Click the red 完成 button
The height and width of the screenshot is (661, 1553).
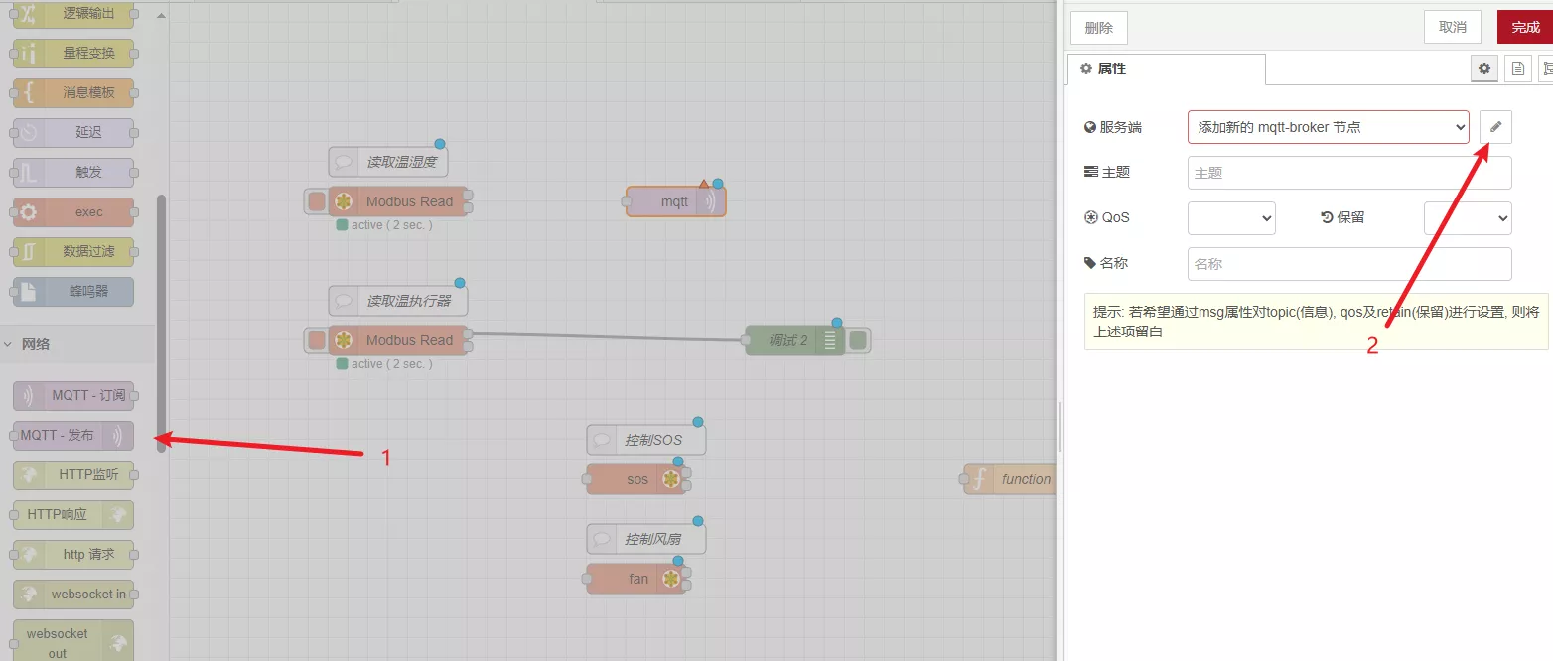[1525, 27]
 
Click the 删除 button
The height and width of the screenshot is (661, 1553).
[1098, 28]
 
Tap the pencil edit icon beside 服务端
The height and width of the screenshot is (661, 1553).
[1495, 127]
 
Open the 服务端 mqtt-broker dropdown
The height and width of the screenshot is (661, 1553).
[1328, 127]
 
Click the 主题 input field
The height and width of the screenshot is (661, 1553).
[1349, 173]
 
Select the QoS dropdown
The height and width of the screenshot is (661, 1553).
[1231, 217]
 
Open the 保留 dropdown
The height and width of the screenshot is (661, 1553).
[1467, 217]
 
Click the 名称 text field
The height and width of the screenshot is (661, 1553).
[1349, 264]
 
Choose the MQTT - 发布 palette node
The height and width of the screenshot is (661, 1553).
[72, 435]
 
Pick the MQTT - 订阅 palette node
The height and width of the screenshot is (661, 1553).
[73, 395]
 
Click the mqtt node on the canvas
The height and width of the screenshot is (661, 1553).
[675, 201]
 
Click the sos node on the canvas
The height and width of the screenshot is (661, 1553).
[636, 479]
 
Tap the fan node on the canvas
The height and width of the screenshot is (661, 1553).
[636, 579]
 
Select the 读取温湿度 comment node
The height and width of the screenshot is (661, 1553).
[388, 162]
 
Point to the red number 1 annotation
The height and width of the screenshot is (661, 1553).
[387, 458]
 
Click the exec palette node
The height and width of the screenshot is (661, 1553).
[73, 212]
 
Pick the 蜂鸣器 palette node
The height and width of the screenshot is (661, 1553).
[73, 292]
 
